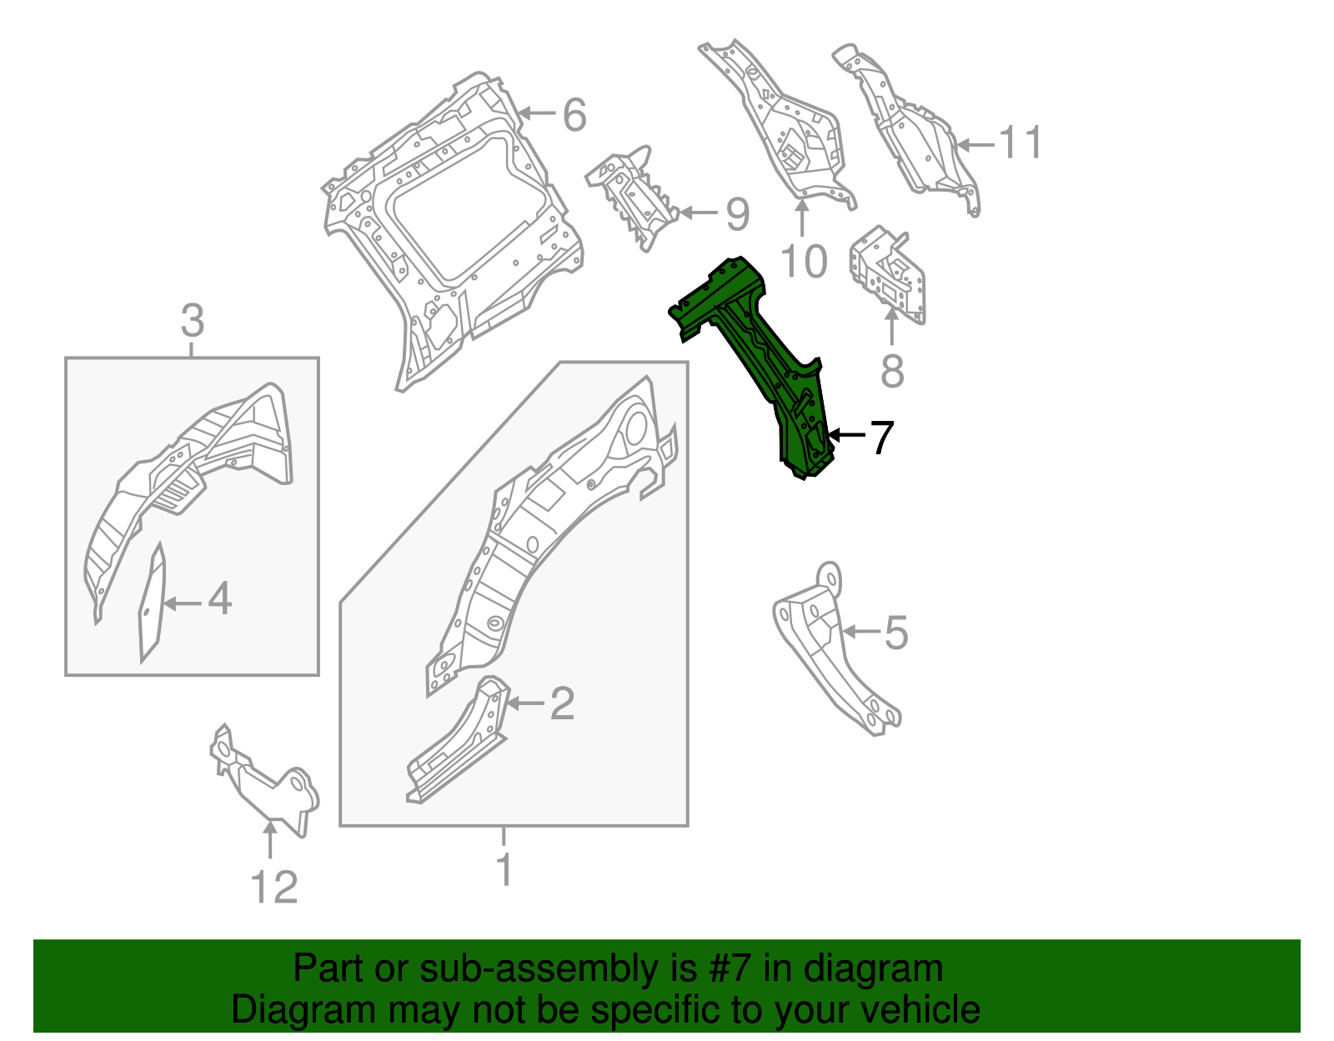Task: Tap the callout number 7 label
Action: [881, 438]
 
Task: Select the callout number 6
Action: [574, 115]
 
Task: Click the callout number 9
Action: [737, 214]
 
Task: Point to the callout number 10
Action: [804, 262]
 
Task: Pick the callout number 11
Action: [1021, 143]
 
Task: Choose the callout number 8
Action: [892, 371]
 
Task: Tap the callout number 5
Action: [895, 633]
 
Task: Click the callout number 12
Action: [274, 888]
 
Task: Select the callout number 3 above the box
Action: [192, 321]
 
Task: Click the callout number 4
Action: [219, 599]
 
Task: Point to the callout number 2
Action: [562, 704]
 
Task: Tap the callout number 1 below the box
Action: [504, 870]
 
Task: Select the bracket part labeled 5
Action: [834, 658]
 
